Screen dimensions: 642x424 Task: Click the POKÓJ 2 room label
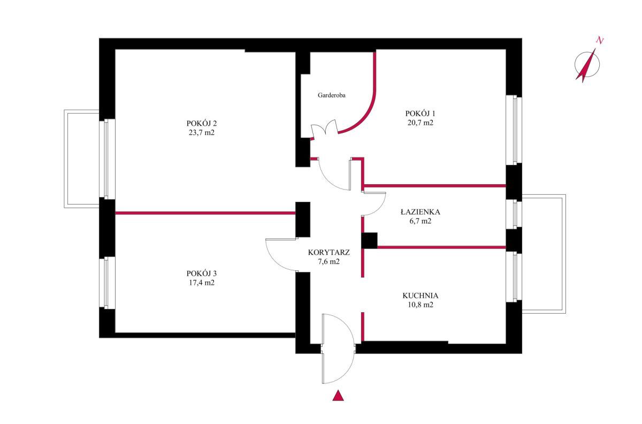(202, 123)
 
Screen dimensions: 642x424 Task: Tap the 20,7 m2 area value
(420, 123)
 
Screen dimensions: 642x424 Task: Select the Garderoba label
(331, 95)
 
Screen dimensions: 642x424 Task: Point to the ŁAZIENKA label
(420, 211)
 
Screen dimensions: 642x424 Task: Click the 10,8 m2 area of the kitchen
(420, 305)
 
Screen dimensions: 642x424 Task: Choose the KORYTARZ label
(328, 253)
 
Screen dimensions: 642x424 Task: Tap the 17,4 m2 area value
(202, 283)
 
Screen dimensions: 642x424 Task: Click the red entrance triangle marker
(338, 395)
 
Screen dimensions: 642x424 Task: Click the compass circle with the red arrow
(587, 65)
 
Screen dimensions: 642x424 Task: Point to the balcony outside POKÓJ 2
(82, 158)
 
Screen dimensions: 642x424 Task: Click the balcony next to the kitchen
(544, 254)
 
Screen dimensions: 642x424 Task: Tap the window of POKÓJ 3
(107, 283)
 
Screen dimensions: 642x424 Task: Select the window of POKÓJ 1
(514, 130)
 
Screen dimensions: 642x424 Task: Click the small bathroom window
(514, 214)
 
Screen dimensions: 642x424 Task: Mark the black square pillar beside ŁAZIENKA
(369, 240)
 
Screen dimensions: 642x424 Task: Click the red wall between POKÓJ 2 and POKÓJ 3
(205, 213)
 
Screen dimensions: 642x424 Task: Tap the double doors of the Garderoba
(324, 130)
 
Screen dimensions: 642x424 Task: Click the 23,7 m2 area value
(202, 133)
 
